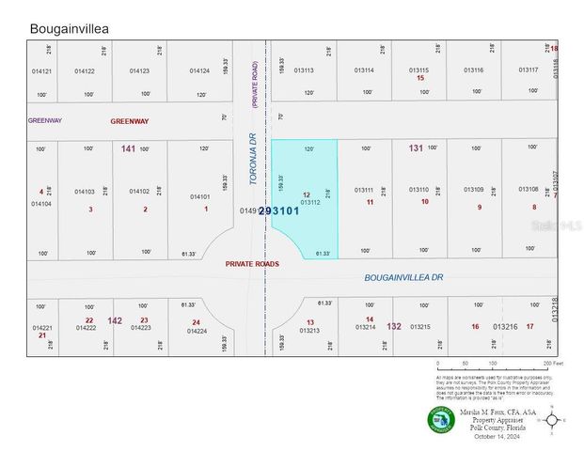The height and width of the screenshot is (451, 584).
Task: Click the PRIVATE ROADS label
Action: [251, 264]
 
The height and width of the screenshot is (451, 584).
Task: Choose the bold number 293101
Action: [278, 211]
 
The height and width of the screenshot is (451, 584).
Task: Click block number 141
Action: [128, 148]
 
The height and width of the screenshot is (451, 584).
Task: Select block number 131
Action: [416, 148]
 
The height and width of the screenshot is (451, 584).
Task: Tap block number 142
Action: [115, 320]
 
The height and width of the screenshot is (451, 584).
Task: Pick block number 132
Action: [394, 326]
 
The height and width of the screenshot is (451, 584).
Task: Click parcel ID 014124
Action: [199, 70]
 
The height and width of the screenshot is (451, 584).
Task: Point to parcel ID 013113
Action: [304, 70]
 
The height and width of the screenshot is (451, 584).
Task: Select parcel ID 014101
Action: [200, 196]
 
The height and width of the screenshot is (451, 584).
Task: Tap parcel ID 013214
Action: [365, 326]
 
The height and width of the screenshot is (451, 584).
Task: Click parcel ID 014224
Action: [197, 331]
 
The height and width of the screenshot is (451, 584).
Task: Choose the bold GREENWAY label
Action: [130, 121]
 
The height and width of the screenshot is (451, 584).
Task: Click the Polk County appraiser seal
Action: [440, 419]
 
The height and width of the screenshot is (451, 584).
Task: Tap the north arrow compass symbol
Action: [555, 420]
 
